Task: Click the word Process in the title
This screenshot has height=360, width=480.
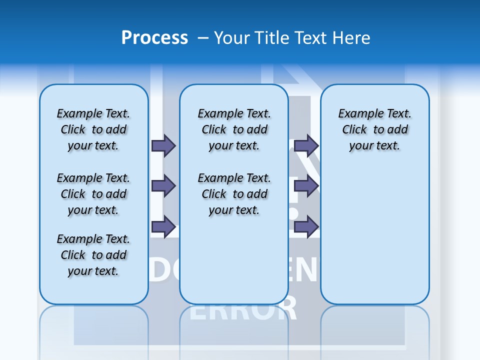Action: click(x=154, y=38)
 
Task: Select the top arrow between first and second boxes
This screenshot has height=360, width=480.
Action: click(x=163, y=145)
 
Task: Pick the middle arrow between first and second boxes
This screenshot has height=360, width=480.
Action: click(x=163, y=186)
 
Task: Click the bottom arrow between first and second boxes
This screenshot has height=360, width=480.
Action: click(x=163, y=227)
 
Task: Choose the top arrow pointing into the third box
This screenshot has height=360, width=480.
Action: click(x=306, y=145)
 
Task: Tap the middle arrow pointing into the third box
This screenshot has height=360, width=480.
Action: click(x=306, y=186)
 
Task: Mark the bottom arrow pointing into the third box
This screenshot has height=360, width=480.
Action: click(x=306, y=227)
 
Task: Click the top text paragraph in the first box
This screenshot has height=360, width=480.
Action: click(x=93, y=129)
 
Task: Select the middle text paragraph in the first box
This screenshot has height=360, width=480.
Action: click(x=93, y=194)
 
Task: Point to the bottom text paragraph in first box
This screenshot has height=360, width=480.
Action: click(x=93, y=255)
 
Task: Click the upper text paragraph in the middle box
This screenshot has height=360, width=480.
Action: click(x=234, y=129)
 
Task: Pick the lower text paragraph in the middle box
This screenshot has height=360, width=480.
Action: click(x=234, y=194)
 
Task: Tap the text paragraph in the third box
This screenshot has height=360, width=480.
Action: click(x=374, y=129)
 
